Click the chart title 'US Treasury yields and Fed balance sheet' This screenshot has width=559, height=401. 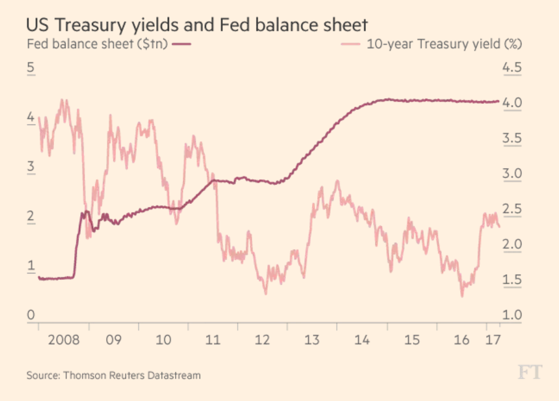(197, 25)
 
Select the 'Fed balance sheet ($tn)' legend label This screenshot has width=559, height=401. (97, 44)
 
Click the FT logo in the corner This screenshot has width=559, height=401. (529, 373)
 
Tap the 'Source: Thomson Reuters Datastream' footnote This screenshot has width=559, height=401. (114, 375)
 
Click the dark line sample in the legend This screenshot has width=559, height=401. (182, 44)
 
